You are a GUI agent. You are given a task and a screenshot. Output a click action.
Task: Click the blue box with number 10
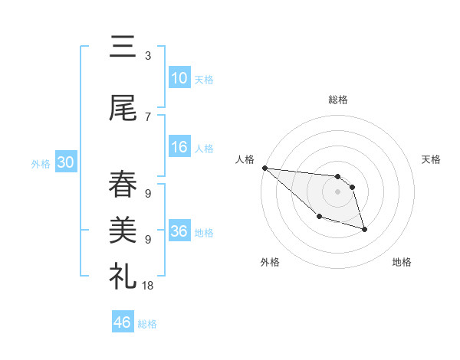click(179, 78)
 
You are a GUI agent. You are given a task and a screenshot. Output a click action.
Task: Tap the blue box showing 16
click(179, 148)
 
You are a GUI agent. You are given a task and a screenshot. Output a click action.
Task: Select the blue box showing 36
click(179, 231)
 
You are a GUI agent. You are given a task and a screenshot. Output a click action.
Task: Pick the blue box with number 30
click(65, 163)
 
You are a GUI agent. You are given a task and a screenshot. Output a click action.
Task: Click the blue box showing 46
click(123, 322)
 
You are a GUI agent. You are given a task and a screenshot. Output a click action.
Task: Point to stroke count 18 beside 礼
click(147, 285)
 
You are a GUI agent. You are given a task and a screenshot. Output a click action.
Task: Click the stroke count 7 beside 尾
click(147, 116)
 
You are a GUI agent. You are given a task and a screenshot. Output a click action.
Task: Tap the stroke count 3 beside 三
click(147, 56)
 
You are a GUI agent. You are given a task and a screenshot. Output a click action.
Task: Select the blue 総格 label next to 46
click(147, 324)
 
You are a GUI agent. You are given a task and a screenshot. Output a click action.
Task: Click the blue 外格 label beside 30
click(41, 164)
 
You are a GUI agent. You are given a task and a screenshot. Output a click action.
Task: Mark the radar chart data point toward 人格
click(264, 168)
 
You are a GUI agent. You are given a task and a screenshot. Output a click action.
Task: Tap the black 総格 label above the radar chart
click(338, 100)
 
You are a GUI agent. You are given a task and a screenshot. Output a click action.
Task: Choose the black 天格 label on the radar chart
click(432, 159)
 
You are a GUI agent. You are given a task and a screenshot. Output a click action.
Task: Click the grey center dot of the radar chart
click(338, 191)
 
